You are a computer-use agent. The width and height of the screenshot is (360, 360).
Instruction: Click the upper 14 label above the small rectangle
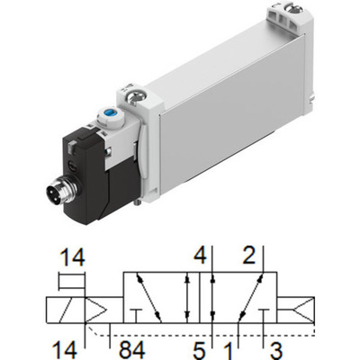tap(72, 257)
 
